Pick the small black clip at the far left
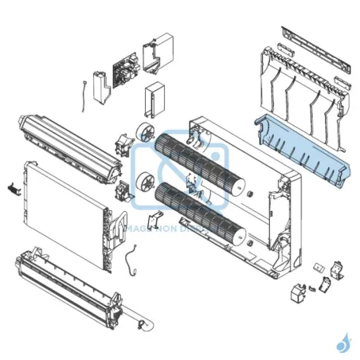(12, 188)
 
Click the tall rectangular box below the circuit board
(153, 100)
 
